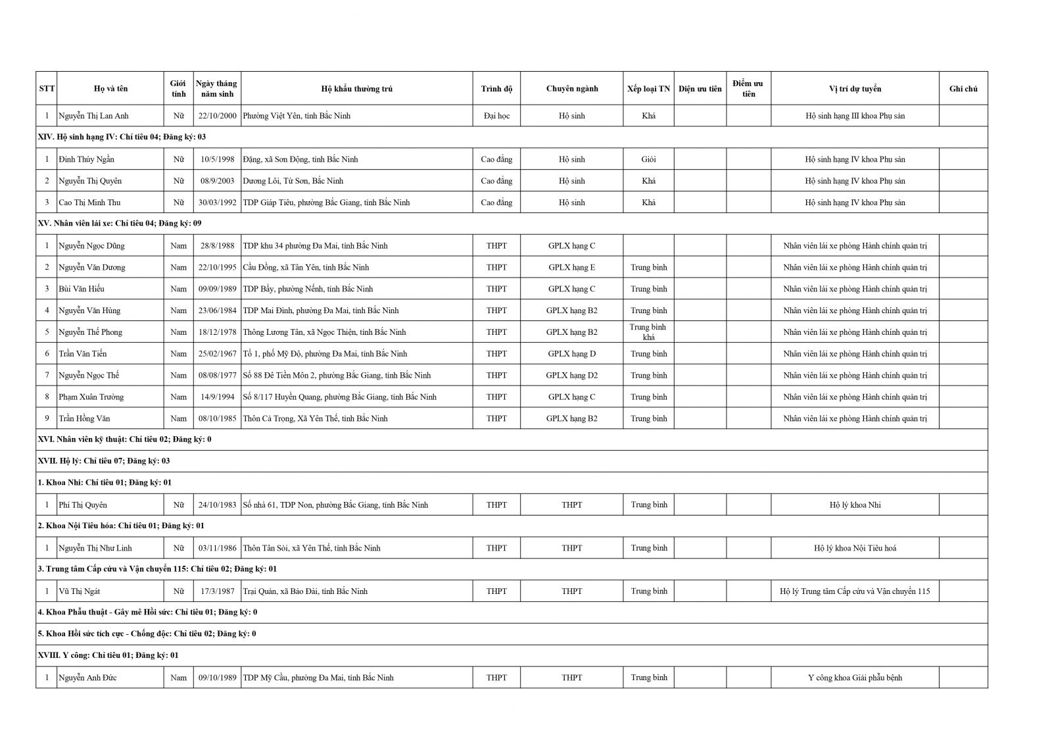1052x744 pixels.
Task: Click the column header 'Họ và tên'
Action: (x=110, y=89)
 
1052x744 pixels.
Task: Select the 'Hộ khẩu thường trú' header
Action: (x=356, y=89)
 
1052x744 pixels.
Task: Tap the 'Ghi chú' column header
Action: (x=963, y=89)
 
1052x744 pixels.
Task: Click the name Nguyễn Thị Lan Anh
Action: (x=93, y=116)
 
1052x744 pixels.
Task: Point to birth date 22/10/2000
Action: (x=217, y=116)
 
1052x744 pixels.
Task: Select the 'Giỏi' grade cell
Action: (x=648, y=159)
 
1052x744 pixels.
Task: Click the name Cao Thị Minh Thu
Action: (x=89, y=203)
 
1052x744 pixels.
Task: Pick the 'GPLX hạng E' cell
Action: (x=571, y=267)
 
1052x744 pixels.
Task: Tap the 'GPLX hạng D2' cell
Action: (x=571, y=376)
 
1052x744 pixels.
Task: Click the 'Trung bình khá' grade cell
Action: (x=648, y=332)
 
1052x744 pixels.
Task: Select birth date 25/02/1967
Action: (x=217, y=354)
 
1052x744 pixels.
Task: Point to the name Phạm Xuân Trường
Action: (x=91, y=397)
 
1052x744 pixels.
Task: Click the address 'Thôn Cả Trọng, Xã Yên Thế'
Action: (x=315, y=418)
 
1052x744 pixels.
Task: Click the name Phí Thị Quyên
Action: (x=83, y=505)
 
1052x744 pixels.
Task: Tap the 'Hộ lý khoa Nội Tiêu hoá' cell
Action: (x=855, y=548)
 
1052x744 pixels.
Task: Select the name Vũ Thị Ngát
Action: (x=80, y=591)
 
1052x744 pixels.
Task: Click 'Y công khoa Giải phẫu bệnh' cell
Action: (x=855, y=678)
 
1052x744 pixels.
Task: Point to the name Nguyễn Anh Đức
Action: (x=87, y=678)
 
